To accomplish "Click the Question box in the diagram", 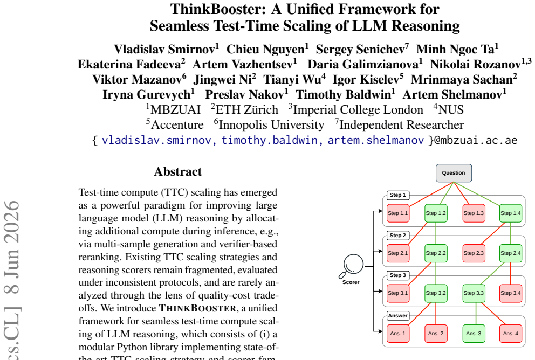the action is [454, 173].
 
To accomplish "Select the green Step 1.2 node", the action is [436, 213].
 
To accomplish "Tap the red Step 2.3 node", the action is [474, 253].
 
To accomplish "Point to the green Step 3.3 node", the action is [474, 293].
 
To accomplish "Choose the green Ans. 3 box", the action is [474, 334].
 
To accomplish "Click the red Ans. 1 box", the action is [398, 334].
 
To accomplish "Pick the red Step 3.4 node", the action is [510, 293].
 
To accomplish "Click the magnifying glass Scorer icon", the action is [352, 266].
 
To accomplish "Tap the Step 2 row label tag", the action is [398, 235].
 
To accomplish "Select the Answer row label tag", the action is [398, 316].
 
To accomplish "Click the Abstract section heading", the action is [178, 171].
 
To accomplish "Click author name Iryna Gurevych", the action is [147, 94].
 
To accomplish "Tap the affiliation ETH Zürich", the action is [247, 110].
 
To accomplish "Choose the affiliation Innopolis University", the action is [271, 125].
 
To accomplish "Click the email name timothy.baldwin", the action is [270, 140].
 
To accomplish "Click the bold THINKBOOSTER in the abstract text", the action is [197, 308].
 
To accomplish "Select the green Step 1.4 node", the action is [510, 213].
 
